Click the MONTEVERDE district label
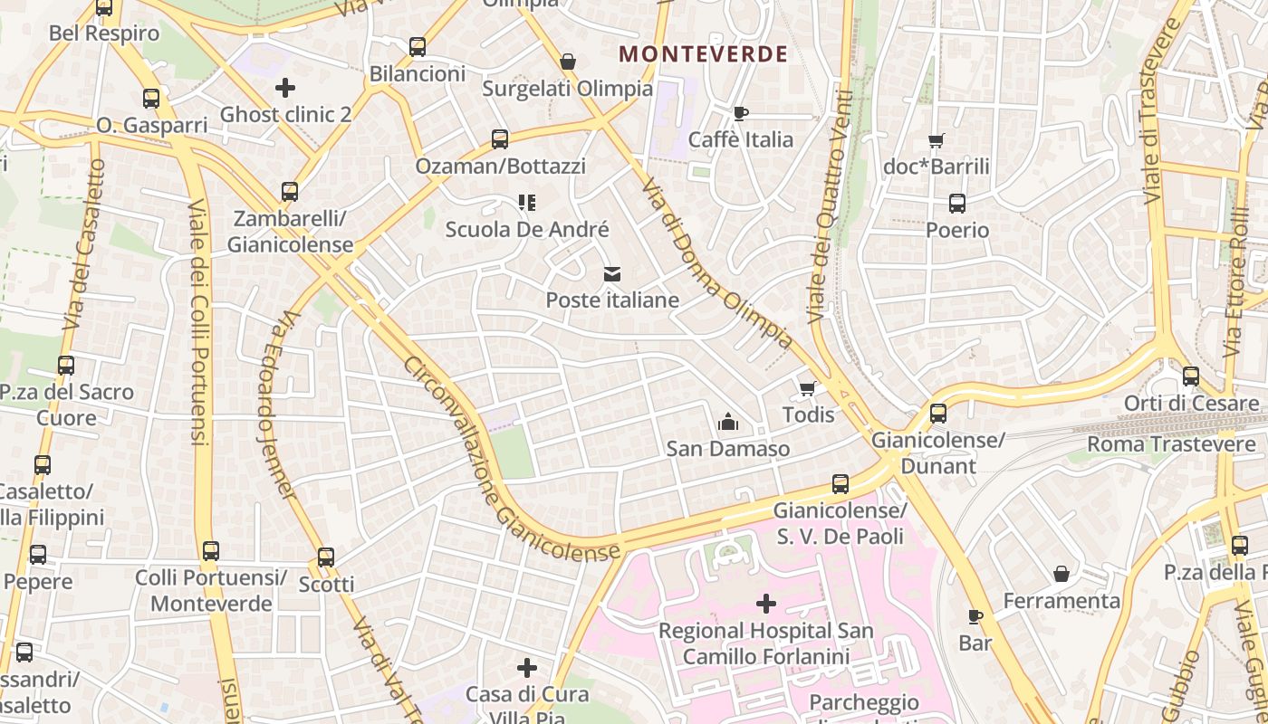click(x=703, y=54)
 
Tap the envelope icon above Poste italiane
click(x=612, y=273)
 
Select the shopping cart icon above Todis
click(x=807, y=388)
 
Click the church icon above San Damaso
click(x=727, y=422)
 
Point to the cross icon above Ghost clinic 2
click(x=285, y=88)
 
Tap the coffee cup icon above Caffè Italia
click(x=740, y=113)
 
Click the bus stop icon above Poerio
click(x=956, y=204)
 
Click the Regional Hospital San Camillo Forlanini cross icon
click(x=766, y=603)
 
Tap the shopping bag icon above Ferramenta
click(x=1061, y=574)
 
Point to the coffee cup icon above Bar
click(x=975, y=616)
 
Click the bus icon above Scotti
click(x=326, y=557)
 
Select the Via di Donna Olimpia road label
click(x=716, y=264)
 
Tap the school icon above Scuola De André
click(x=527, y=202)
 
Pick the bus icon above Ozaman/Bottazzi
click(x=500, y=139)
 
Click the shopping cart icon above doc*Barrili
click(x=936, y=140)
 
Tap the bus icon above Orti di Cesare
click(x=1191, y=376)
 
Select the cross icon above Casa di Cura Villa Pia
click(x=527, y=668)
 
